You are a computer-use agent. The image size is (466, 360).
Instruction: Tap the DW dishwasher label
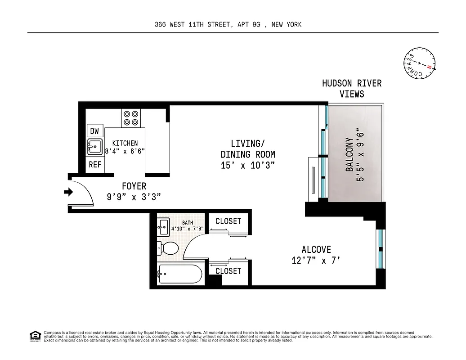94,131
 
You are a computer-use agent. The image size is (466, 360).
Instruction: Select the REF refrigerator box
95,165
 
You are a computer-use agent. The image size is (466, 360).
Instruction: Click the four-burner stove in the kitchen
131,118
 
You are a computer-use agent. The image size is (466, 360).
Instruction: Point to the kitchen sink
95,147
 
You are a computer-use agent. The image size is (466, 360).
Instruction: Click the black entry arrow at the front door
68,192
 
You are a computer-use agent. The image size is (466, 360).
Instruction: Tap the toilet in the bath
167,247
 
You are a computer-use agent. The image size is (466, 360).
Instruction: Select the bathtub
180,274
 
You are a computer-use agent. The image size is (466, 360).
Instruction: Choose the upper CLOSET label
228,221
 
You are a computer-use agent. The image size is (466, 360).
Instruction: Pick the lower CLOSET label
228,271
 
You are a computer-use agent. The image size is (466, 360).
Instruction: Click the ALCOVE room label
316,250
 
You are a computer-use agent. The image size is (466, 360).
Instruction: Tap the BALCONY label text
349,154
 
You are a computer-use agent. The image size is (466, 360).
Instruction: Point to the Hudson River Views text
352,89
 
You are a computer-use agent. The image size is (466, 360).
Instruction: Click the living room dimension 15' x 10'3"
247,165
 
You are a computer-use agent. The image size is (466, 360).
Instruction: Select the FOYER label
134,186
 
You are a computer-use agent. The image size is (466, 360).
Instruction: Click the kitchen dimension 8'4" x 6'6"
125,152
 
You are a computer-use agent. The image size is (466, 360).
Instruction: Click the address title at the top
228,25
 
